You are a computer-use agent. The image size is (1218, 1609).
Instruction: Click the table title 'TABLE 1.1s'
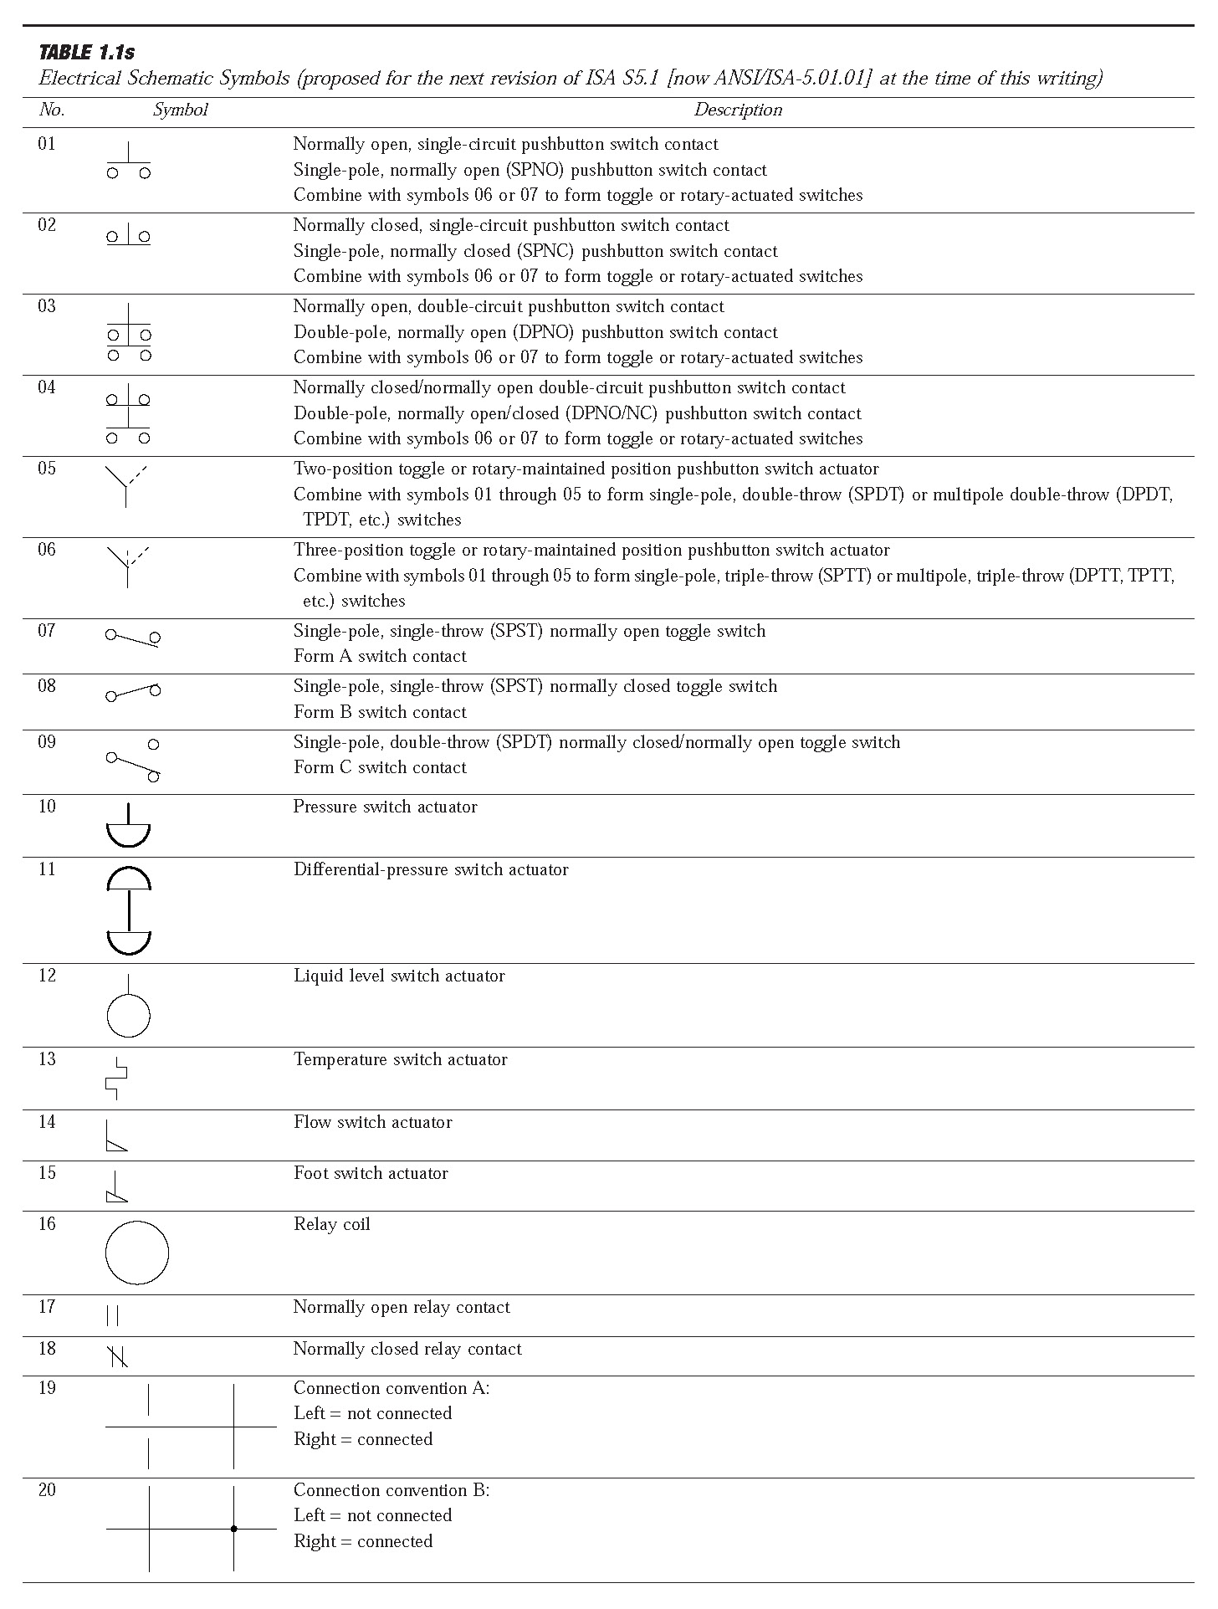(87, 53)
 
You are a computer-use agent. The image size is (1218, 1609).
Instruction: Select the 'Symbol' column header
(180, 110)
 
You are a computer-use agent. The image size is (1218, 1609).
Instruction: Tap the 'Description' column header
(738, 110)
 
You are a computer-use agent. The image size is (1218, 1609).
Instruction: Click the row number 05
(47, 469)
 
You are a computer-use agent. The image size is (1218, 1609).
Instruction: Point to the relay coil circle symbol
(136, 1253)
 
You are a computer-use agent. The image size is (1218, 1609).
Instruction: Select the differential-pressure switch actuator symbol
(129, 910)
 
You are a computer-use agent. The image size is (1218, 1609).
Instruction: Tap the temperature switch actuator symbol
(117, 1079)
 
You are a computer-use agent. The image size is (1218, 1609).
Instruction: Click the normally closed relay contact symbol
(118, 1355)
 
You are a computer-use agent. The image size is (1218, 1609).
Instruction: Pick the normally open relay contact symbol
(113, 1316)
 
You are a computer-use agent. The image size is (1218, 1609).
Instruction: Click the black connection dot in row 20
(233, 1529)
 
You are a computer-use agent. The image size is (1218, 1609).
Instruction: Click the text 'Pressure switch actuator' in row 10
(385, 807)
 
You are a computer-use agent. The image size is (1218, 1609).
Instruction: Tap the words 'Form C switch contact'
(380, 767)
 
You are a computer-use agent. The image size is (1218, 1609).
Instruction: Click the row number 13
(47, 1059)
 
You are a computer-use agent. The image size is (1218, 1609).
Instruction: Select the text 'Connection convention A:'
(391, 1388)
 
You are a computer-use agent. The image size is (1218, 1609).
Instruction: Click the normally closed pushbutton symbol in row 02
(128, 237)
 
